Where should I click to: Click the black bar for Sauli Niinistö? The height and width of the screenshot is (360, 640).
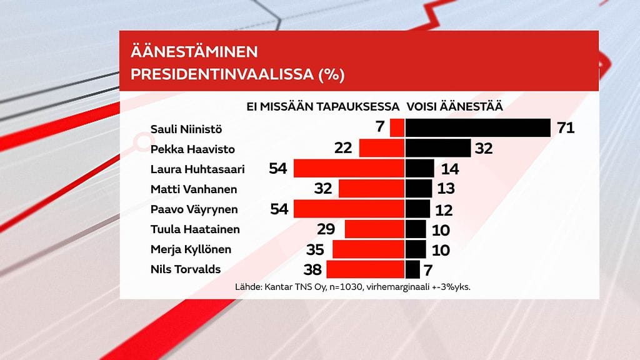[x=477, y=128]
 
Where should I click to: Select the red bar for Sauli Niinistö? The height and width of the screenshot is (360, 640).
[x=397, y=128]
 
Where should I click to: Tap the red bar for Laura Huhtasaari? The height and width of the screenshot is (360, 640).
[x=349, y=169]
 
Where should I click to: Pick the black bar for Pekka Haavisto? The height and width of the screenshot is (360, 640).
[x=437, y=149]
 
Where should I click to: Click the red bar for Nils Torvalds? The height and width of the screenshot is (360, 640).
[x=365, y=269]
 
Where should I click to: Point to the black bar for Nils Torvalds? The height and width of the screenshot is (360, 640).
[x=412, y=269]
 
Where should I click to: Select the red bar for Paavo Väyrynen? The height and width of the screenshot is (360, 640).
[x=349, y=209]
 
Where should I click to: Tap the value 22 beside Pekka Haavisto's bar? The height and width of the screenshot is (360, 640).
[x=342, y=149]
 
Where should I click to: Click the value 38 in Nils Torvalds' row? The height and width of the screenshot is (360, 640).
[x=312, y=269]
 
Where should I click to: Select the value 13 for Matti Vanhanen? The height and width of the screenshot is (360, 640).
[x=445, y=189]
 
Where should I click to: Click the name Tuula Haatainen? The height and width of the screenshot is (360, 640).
[x=195, y=229]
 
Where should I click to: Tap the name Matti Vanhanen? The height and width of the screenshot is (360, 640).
[x=193, y=189]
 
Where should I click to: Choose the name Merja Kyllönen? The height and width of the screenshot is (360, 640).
[x=191, y=249]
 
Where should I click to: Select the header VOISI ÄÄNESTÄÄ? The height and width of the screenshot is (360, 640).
[x=455, y=107]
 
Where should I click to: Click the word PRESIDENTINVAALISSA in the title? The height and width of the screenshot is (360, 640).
[x=222, y=75]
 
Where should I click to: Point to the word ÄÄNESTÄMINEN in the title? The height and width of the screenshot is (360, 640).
[x=193, y=52]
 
